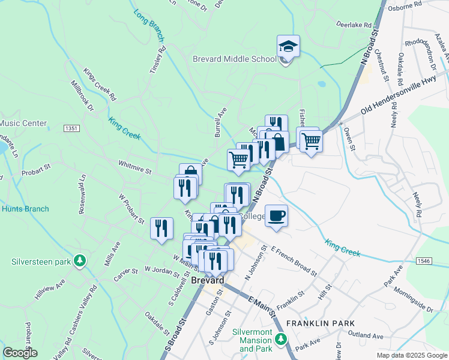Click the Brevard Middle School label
[234, 59]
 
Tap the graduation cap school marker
[288, 46]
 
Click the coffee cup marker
[276, 215]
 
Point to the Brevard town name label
[208, 280]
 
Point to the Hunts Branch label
[25, 209]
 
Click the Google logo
[20, 352]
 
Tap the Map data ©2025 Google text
[411, 355]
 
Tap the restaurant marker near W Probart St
[161, 228]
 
